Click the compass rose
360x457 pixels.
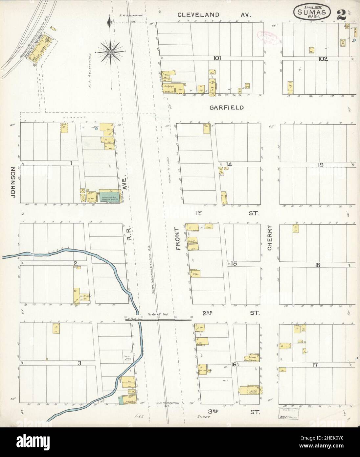111,52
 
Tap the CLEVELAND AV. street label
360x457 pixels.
214,15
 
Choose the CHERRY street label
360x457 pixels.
270,238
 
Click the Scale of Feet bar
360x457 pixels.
158,319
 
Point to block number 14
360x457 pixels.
229,164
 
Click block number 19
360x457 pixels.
320,165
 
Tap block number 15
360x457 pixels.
234,263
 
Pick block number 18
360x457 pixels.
318,265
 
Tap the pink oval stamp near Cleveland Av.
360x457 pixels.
268,37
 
